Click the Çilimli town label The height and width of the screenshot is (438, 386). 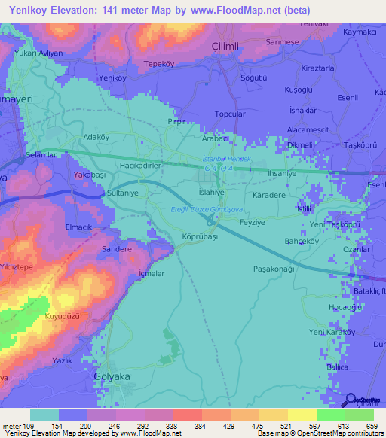coord(225,47)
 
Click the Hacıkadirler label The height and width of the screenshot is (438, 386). coord(140,163)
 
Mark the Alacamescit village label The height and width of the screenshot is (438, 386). coord(308,129)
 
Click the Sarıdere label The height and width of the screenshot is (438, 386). coord(117,248)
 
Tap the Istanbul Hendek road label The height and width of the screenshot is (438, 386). coord(231,159)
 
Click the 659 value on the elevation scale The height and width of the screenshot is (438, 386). coord(371,425)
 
